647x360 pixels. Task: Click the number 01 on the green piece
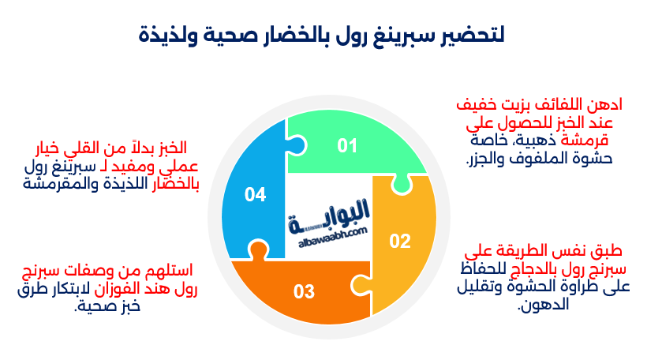(x=347, y=146)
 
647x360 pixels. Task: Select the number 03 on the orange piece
(x=304, y=292)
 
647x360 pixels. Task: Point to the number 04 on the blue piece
(x=255, y=194)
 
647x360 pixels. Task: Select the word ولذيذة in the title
(x=167, y=36)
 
